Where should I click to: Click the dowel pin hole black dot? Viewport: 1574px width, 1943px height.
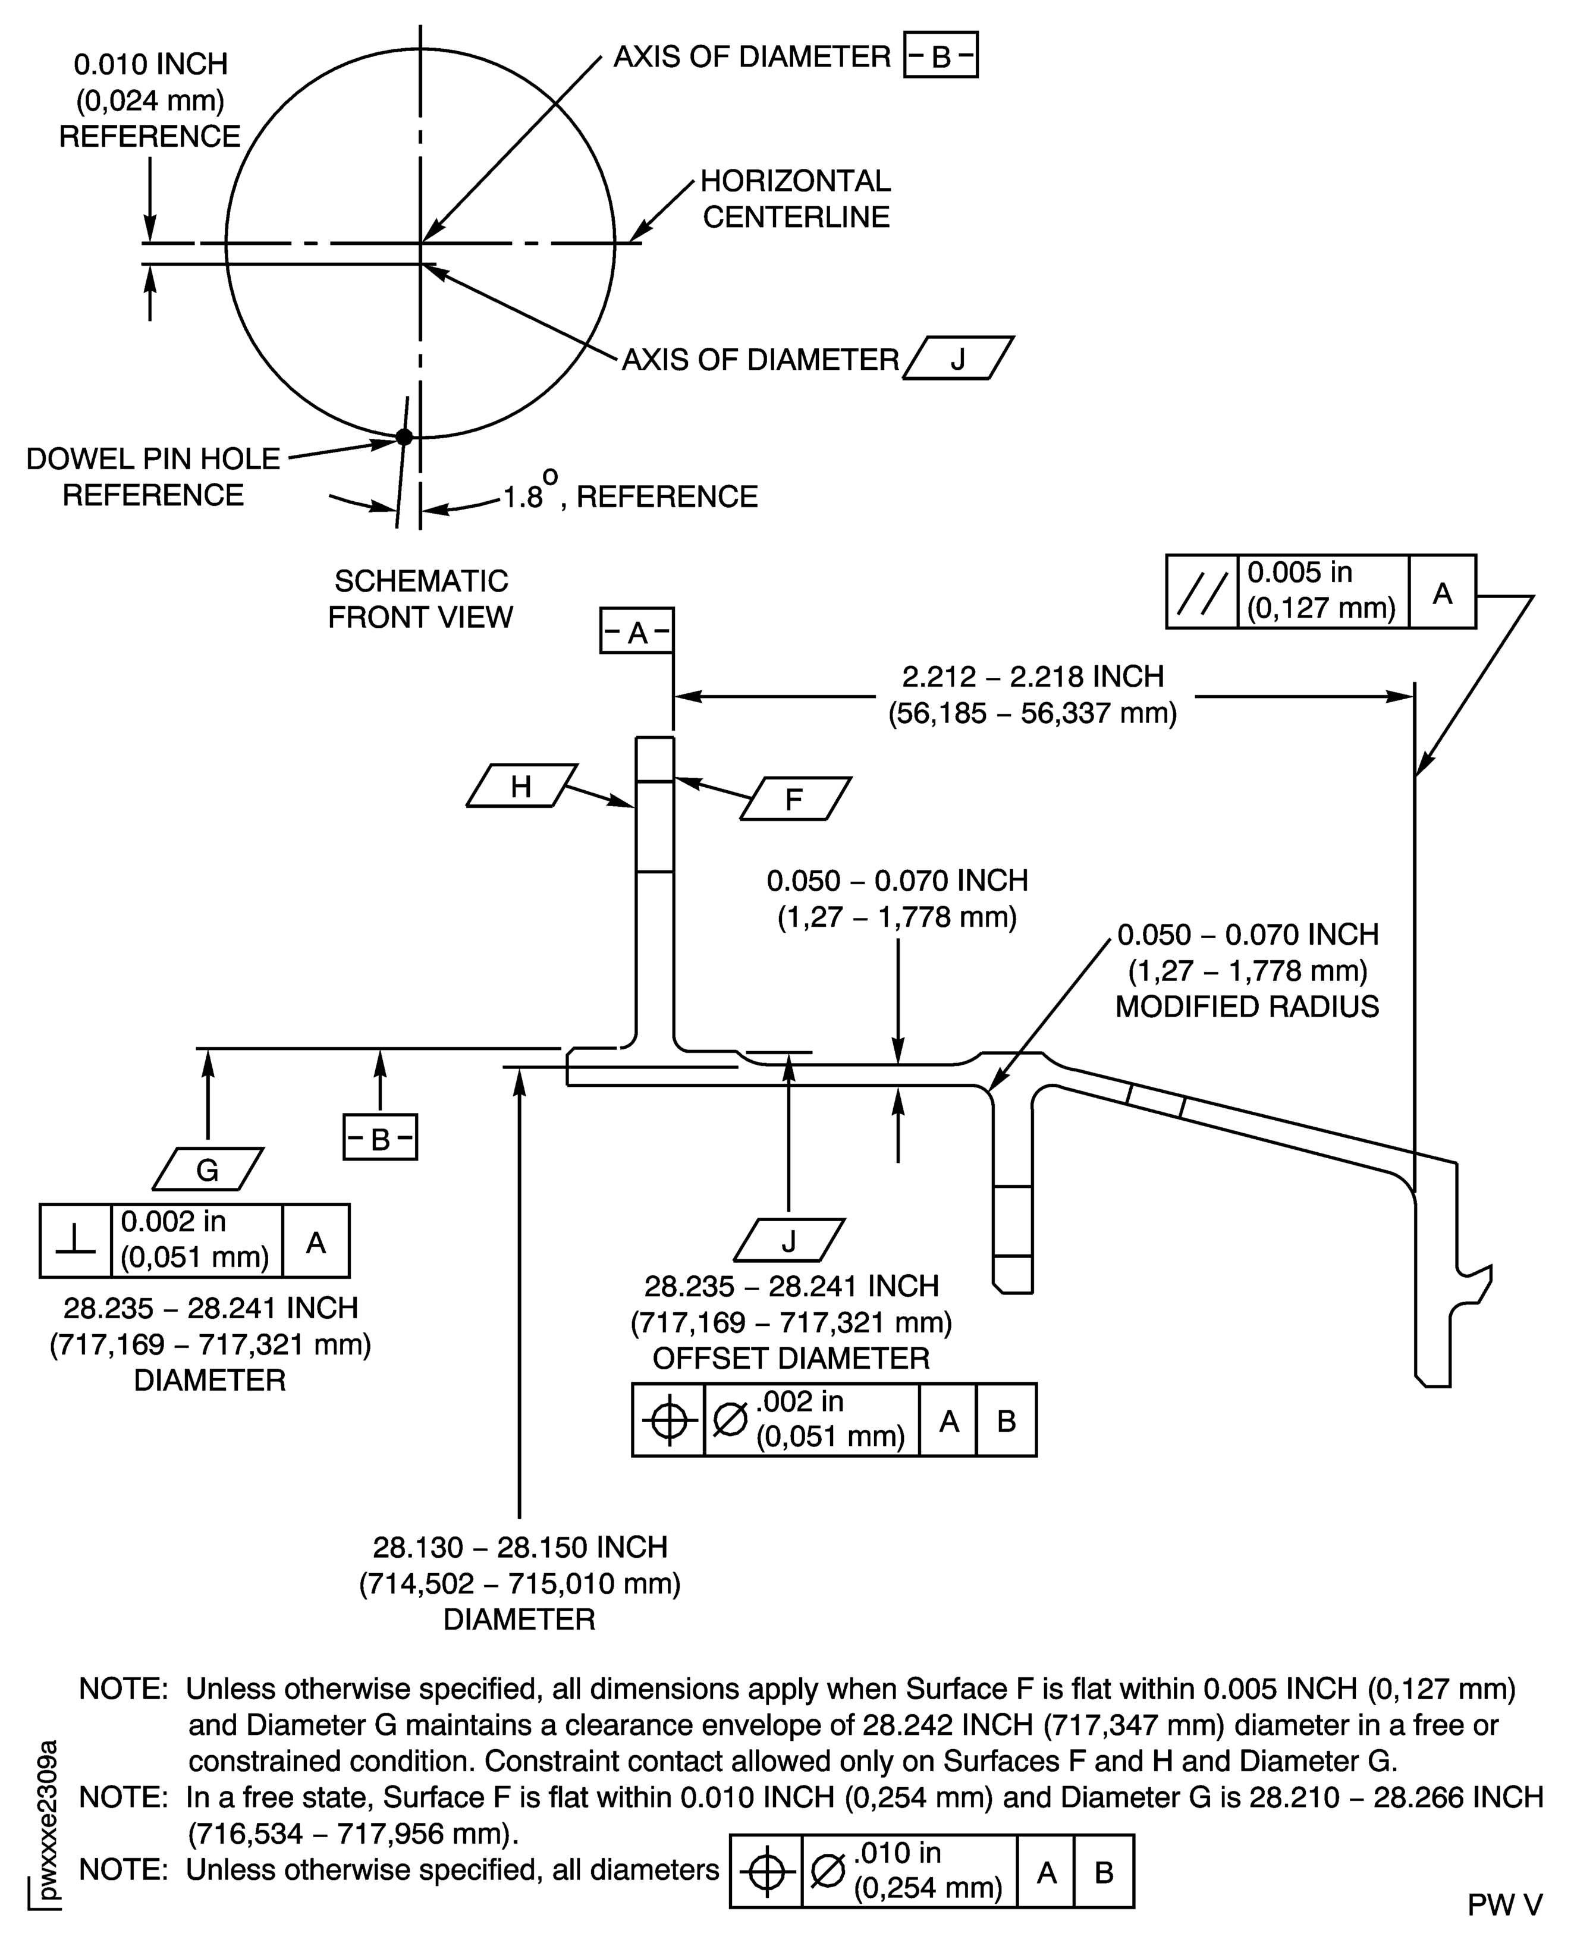(404, 437)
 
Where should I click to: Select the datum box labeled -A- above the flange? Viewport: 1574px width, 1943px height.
(636, 631)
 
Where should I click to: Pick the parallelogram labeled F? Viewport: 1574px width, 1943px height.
(794, 798)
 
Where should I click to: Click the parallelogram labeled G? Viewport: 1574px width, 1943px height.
(208, 1169)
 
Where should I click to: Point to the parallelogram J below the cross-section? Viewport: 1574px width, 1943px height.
(788, 1240)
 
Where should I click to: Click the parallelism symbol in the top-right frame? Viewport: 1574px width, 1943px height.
(1202, 592)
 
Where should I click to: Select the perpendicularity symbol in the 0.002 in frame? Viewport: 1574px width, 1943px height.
(76, 1240)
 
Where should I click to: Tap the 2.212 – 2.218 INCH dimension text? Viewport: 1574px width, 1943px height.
(1033, 677)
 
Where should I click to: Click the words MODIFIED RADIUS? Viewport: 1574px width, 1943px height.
(1247, 1007)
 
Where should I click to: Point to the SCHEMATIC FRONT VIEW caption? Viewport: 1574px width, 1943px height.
(420, 598)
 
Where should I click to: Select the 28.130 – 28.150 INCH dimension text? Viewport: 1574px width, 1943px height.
(520, 1547)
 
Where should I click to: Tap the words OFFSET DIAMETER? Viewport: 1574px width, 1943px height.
(791, 1358)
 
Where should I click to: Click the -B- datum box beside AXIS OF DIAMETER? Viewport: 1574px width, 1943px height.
(940, 56)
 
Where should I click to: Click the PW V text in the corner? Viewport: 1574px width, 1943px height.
(1504, 1905)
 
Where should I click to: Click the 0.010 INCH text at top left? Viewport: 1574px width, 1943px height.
(150, 64)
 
